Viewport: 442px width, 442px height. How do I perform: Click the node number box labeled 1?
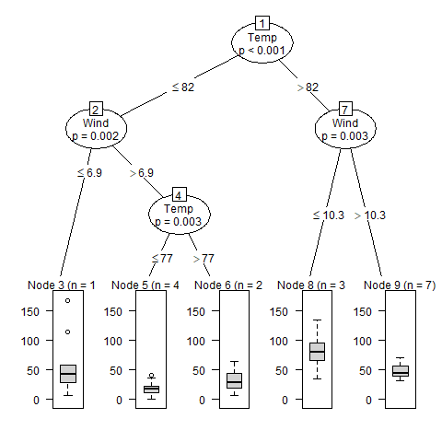point(262,24)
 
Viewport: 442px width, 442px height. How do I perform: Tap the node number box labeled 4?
point(180,195)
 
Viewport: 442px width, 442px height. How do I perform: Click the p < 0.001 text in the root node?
point(262,51)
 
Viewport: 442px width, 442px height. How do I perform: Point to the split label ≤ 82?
point(182,87)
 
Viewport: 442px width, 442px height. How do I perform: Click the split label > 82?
point(307,87)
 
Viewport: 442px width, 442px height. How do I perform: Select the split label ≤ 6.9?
point(89,172)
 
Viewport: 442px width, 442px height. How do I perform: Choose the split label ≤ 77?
point(162,259)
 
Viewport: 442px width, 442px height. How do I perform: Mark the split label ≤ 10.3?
point(328,215)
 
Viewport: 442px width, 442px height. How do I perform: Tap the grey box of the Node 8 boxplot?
point(318,352)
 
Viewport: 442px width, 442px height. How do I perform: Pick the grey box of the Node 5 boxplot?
point(151,389)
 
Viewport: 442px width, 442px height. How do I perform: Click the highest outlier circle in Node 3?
point(67,301)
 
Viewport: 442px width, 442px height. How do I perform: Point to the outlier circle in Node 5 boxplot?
point(151,376)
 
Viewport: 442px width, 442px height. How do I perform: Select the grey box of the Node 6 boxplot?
point(234,379)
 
